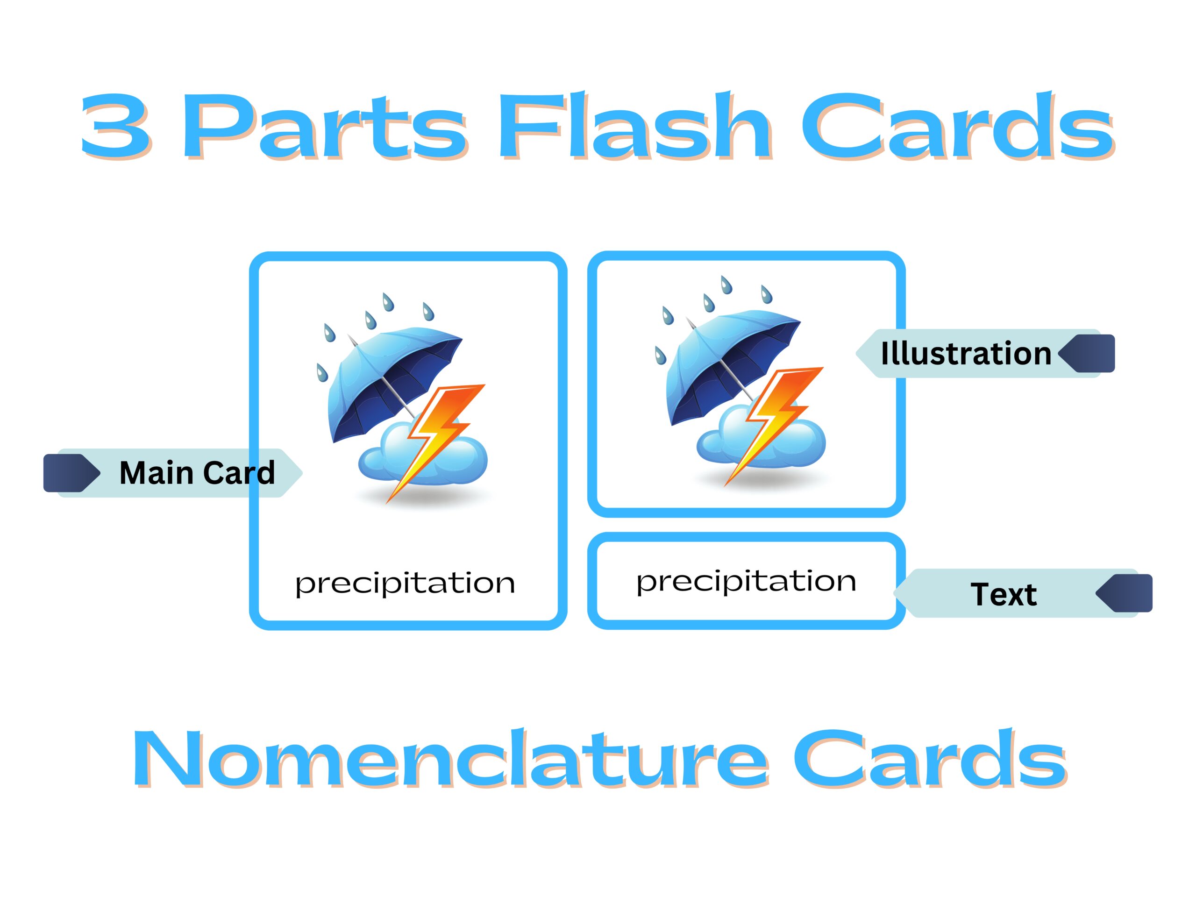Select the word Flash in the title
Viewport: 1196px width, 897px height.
pyautogui.click(x=635, y=125)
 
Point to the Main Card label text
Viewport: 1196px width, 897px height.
pyautogui.click(x=197, y=473)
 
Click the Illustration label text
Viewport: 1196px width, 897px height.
pyautogui.click(x=966, y=353)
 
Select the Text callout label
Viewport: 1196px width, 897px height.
pyautogui.click(x=1004, y=594)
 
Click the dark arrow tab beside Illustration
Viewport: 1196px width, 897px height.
pyautogui.click(x=1086, y=353)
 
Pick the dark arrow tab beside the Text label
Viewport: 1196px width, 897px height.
pyautogui.click(x=1124, y=593)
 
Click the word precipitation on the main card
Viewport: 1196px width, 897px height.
pyautogui.click(x=405, y=584)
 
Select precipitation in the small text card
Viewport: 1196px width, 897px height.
pyautogui.click(x=746, y=582)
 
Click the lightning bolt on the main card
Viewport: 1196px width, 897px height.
pyautogui.click(x=435, y=443)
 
